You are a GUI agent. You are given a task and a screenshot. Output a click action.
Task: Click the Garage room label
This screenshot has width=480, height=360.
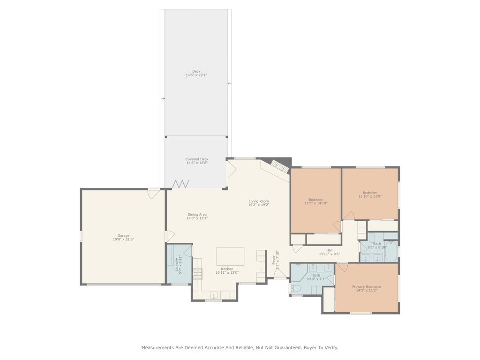[123, 236]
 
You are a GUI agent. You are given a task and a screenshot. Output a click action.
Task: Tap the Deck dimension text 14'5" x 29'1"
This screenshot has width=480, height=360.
[196, 75]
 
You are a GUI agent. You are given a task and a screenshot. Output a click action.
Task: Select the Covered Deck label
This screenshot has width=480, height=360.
[197, 159]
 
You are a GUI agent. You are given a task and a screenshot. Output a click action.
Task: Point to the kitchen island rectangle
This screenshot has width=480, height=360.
[230, 256]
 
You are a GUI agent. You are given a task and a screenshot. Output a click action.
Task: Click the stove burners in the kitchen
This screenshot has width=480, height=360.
[198, 274]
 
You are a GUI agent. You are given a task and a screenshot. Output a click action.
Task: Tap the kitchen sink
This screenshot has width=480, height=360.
[214, 295]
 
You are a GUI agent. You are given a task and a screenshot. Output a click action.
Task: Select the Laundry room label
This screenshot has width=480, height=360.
[177, 263]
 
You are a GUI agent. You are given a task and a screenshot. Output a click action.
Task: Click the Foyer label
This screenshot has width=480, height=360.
[274, 260]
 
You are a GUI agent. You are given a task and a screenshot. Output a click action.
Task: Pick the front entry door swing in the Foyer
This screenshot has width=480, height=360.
[280, 274]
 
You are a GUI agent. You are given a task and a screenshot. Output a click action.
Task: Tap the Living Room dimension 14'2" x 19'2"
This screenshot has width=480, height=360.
[259, 205]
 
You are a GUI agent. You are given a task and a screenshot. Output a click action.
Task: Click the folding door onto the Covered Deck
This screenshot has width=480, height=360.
[180, 184]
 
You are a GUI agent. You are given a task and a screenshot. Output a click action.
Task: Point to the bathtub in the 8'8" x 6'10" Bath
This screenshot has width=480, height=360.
[390, 252]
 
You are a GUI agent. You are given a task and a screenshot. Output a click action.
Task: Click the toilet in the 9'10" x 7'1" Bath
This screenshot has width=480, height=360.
[296, 289]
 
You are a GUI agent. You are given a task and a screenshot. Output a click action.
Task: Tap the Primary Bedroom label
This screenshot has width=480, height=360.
[367, 286]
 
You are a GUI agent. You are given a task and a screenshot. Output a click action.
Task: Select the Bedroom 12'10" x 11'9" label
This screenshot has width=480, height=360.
[370, 193]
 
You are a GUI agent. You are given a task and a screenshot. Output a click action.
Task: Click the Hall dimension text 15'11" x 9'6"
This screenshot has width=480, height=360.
[330, 254]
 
